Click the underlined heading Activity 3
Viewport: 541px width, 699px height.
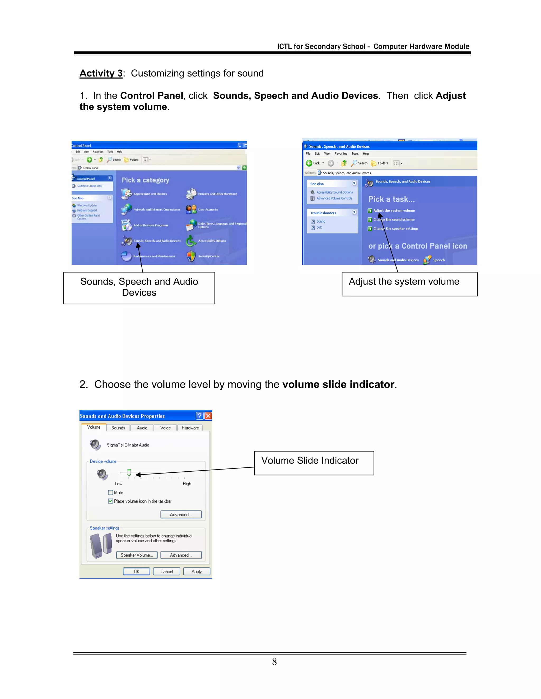[101, 73]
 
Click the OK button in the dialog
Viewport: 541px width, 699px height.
[137, 571]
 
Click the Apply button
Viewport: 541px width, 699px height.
[197, 571]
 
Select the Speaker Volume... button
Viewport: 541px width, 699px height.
[137, 555]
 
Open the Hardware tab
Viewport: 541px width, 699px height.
[190, 428]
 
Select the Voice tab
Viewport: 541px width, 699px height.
[165, 428]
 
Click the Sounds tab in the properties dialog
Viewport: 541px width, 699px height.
[118, 428]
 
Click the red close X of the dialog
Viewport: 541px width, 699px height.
[208, 416]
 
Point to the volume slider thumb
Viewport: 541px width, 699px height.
[129, 472]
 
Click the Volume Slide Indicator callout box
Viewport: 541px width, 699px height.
[314, 463]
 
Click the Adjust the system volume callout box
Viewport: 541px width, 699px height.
[409, 284]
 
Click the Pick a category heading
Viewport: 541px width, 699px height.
[145, 180]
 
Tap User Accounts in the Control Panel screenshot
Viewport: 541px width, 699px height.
[208, 210]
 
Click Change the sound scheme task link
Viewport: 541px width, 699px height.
[394, 219]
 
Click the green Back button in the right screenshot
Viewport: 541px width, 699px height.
[309, 163]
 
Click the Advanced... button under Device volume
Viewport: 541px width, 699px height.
[181, 514]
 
